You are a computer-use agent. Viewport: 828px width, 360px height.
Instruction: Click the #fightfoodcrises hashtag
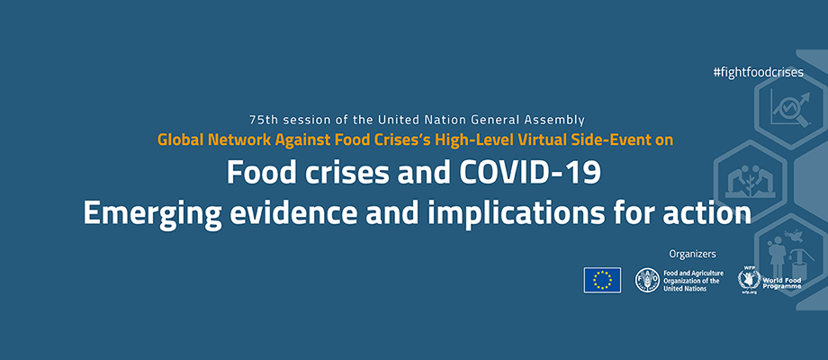[758, 72]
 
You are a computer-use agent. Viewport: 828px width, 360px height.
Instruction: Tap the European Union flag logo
[602, 280]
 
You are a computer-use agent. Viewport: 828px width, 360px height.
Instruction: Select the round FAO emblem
[647, 280]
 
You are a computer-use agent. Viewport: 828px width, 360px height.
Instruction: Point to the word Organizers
[692, 254]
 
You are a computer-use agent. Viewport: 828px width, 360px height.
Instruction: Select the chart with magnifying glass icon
[789, 109]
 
